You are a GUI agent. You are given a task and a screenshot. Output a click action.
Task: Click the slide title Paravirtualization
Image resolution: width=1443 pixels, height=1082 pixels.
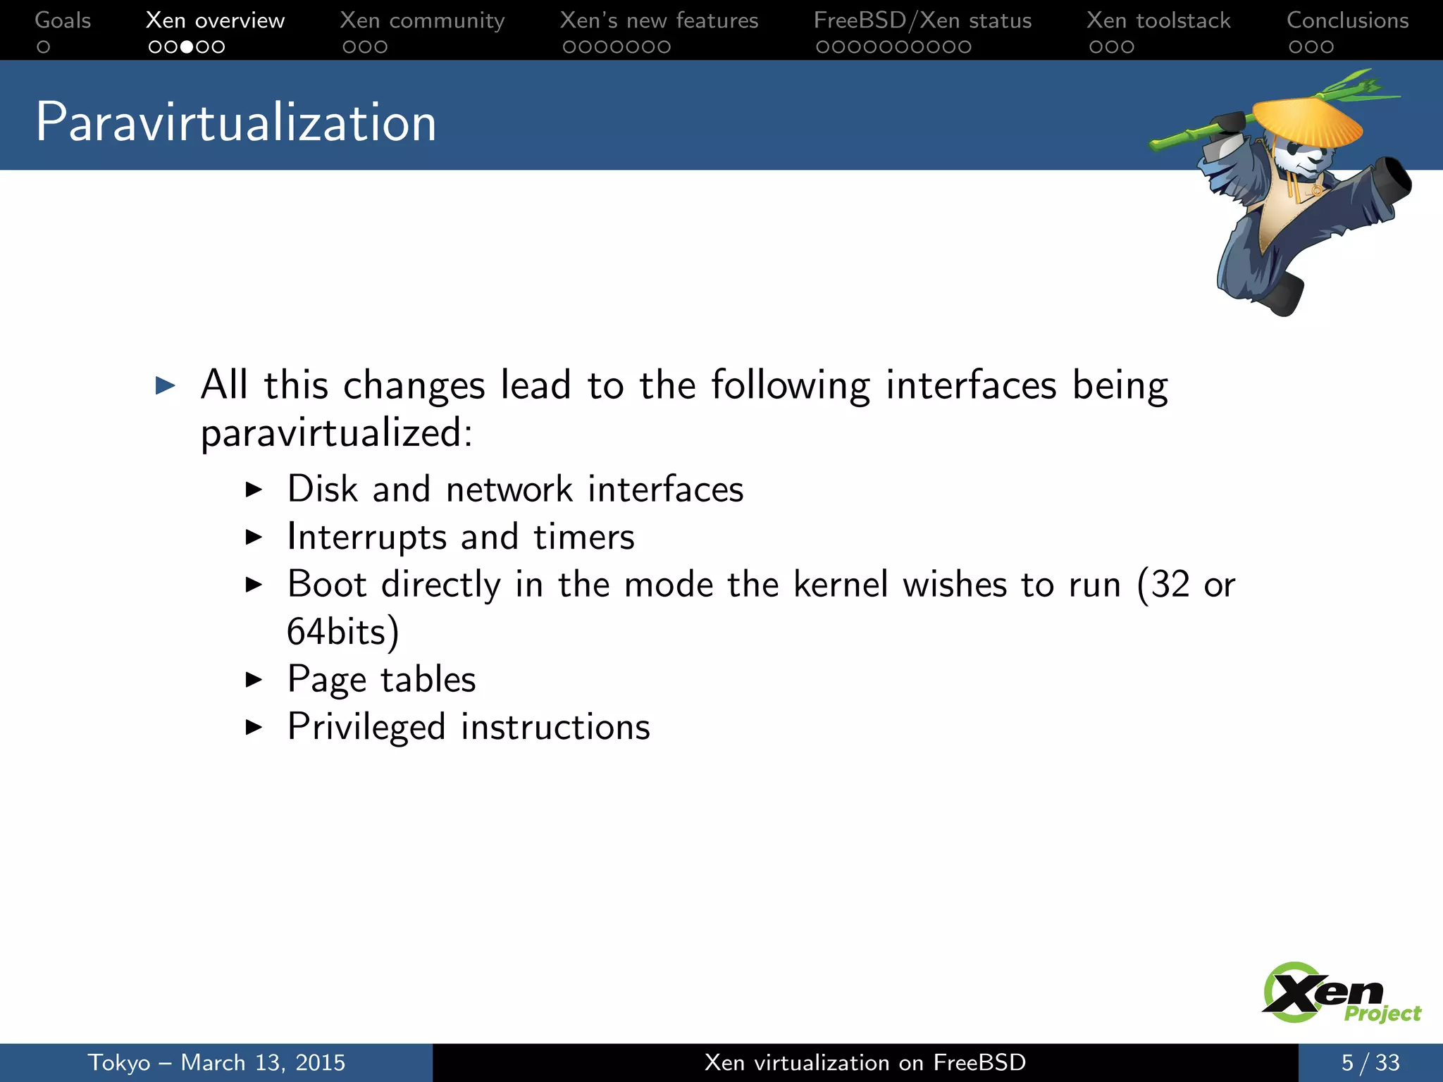point(235,123)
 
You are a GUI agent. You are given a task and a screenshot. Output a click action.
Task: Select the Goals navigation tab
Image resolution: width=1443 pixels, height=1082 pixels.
point(63,20)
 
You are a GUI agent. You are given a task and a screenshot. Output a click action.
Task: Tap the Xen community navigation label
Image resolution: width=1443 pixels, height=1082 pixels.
point(422,20)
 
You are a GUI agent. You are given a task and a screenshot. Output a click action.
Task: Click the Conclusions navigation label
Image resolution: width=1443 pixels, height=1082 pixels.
point(1347,20)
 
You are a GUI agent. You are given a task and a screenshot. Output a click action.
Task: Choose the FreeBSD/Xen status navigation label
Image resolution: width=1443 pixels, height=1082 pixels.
point(922,20)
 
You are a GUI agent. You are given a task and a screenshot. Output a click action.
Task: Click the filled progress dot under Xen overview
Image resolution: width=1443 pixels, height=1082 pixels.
point(187,47)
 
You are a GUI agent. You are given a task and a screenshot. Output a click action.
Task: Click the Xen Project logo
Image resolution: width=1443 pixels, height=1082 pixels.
point(1339,993)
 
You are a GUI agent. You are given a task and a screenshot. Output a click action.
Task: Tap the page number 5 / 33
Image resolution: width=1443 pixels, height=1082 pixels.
point(1370,1062)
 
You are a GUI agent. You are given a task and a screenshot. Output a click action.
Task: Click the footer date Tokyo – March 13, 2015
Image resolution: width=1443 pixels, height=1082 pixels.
point(216,1062)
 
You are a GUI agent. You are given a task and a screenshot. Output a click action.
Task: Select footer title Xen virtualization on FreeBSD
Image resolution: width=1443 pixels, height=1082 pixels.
point(865,1062)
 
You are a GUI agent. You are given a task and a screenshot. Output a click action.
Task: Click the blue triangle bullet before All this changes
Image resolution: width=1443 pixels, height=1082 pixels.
point(165,385)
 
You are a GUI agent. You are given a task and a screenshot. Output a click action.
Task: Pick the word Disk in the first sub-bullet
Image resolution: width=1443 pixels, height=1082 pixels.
point(322,489)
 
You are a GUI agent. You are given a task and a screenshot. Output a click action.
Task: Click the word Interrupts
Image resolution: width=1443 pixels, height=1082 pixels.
point(366,537)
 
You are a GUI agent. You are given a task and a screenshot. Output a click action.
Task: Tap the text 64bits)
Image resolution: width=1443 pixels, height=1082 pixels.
point(342,631)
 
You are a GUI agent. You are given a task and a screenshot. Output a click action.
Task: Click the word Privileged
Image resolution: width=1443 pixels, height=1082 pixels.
point(366,727)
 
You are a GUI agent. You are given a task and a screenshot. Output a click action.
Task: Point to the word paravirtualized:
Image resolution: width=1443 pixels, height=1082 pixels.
point(336,433)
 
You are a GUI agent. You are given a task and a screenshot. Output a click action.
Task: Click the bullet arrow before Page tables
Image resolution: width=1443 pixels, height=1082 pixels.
point(254,680)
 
